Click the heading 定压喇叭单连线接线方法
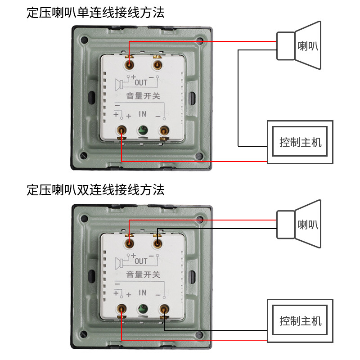(x=95, y=12)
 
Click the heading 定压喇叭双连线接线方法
(x=95, y=189)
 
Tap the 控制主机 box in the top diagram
(x=300, y=142)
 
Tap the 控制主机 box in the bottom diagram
(x=300, y=321)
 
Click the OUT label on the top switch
(x=141, y=83)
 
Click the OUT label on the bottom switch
(x=141, y=261)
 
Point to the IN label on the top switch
(x=143, y=114)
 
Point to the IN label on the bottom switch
(x=143, y=292)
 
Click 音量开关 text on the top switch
(x=143, y=95)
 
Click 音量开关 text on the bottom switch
(x=143, y=274)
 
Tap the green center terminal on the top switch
(x=143, y=130)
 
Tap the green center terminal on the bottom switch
(x=143, y=309)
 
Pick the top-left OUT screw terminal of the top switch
(x=130, y=65)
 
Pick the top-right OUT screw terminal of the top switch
(x=157, y=65)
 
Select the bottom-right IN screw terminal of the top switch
(x=164, y=130)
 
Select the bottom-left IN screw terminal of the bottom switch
(x=121, y=309)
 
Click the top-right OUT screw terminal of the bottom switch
(x=157, y=243)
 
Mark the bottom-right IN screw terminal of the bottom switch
(x=164, y=309)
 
